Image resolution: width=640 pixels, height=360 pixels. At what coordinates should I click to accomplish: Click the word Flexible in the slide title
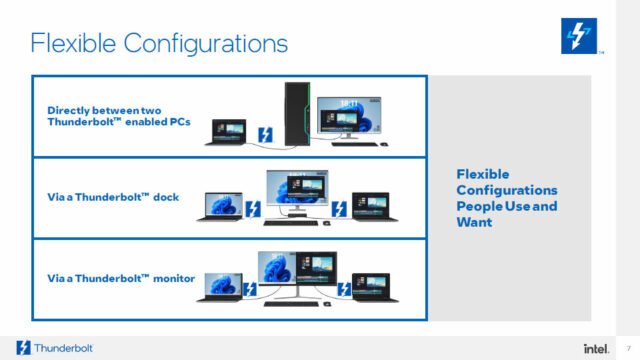71,43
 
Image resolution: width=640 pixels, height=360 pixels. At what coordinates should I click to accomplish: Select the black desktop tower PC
291,113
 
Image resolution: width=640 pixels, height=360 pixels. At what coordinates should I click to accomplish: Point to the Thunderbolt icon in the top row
267,134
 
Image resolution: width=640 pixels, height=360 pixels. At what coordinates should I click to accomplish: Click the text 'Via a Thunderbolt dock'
113,197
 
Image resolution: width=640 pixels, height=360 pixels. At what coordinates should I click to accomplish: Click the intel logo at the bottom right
596,347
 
